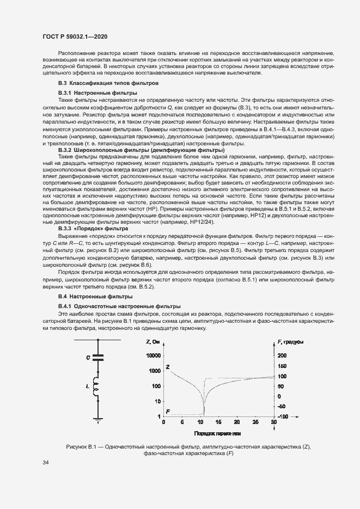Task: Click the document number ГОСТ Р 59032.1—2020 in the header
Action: coord(74,36)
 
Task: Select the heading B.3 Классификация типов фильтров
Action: coord(108,83)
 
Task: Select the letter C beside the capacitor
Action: coord(88,358)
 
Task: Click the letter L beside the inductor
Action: coord(88,385)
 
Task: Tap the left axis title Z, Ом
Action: coord(153,341)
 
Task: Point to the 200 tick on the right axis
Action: coord(282,355)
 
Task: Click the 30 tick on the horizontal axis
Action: coord(273,422)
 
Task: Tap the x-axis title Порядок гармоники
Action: coord(217,433)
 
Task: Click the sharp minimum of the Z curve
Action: coord(204,414)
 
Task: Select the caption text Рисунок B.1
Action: coord(80,447)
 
